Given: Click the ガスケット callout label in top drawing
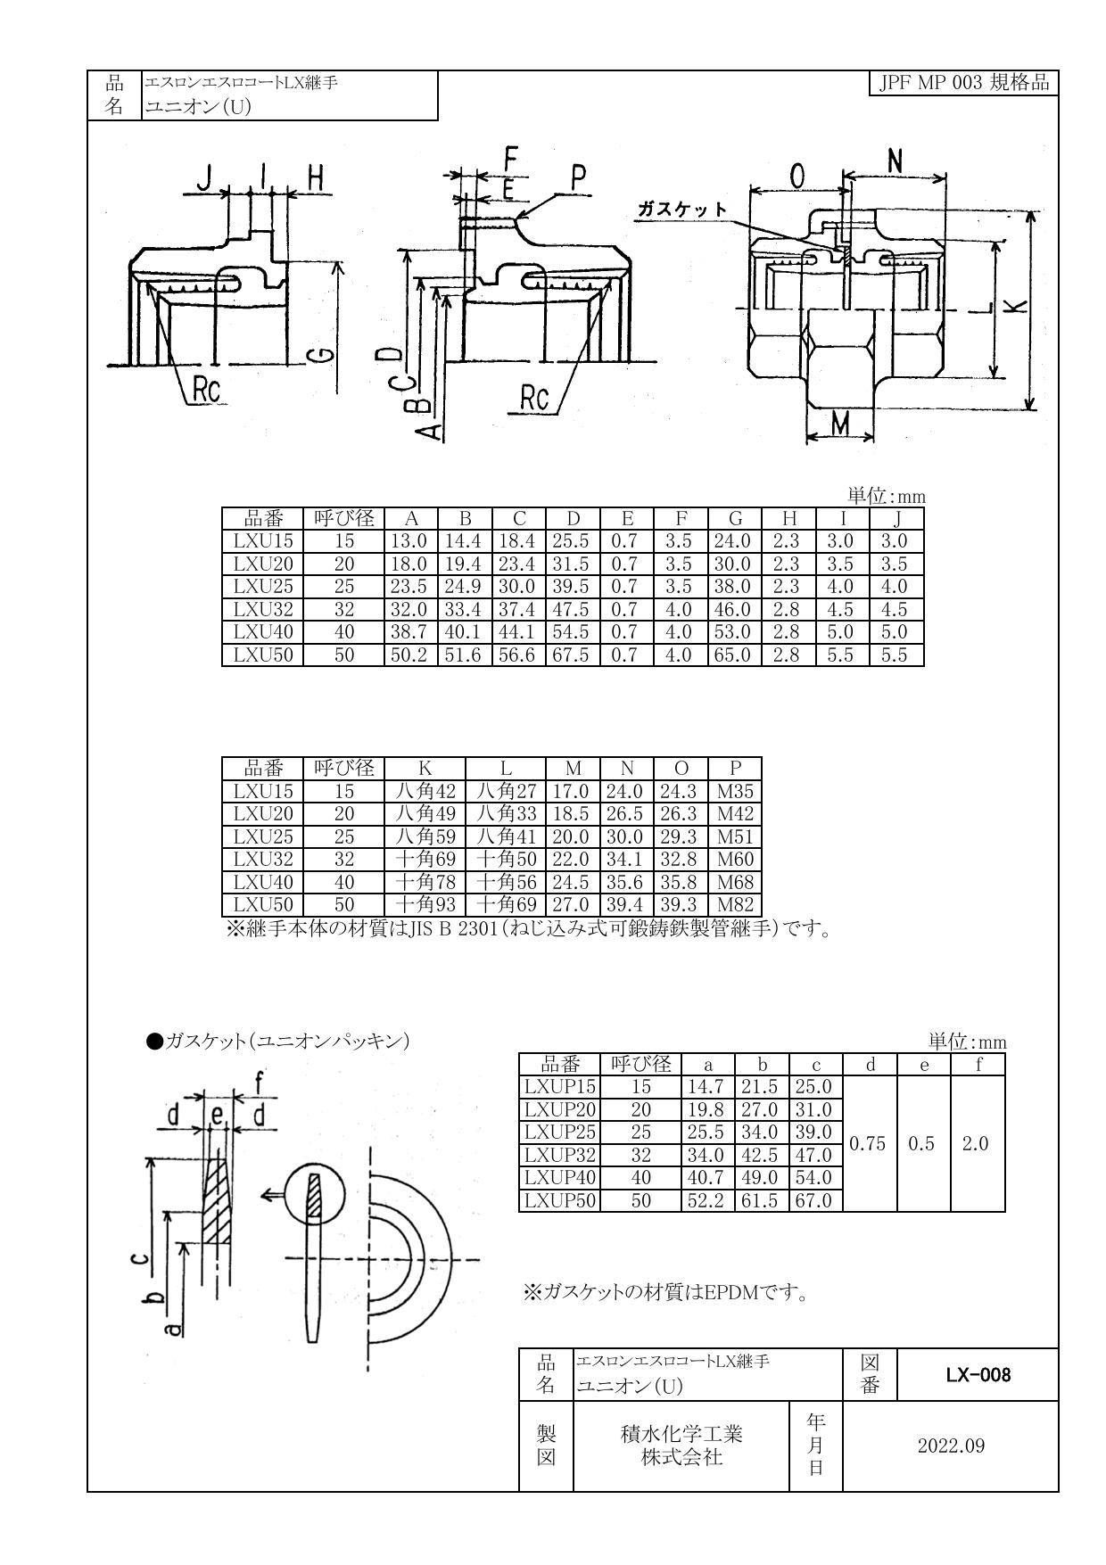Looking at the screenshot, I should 681,209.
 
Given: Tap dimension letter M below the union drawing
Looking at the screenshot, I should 838,425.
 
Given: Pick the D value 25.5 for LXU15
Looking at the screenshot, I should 573,541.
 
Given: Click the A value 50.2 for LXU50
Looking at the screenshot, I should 410,655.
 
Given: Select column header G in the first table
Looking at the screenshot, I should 735,519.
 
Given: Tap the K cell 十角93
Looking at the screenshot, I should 425,905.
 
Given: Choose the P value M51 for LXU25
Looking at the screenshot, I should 735,836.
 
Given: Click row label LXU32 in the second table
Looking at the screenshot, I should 262,860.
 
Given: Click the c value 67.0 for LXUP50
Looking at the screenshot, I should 813,1201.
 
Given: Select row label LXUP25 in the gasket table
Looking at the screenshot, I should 559,1133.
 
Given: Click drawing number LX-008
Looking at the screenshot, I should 978,1375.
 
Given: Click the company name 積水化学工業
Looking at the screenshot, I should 681,1435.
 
